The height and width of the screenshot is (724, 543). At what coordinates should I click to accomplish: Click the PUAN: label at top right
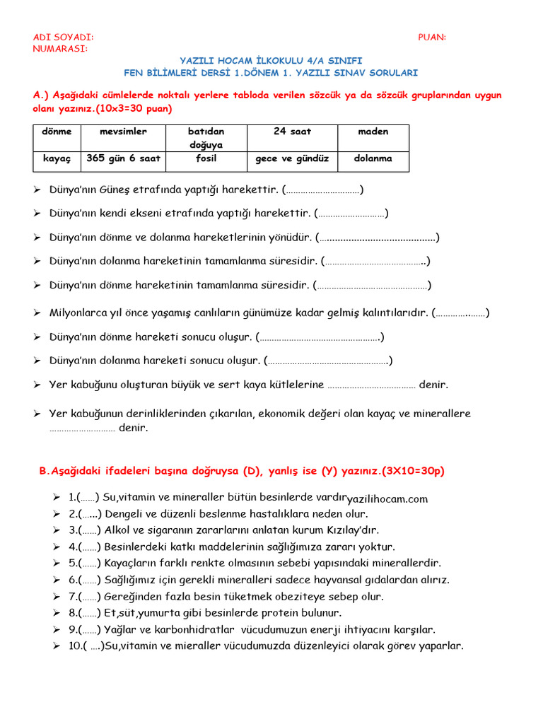pyautogui.click(x=432, y=37)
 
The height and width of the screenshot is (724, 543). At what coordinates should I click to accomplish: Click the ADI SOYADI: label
pyautogui.click(x=63, y=37)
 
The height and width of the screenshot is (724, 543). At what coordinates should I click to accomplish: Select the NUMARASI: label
pyautogui.click(x=61, y=48)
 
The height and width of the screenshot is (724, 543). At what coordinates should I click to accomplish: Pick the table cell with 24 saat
pyautogui.click(x=292, y=132)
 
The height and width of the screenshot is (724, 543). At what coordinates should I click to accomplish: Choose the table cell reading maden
pyautogui.click(x=373, y=132)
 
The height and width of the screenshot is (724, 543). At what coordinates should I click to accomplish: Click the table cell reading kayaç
pyautogui.click(x=57, y=158)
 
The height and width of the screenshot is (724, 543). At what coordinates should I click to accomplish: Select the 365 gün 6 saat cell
pyautogui.click(x=123, y=158)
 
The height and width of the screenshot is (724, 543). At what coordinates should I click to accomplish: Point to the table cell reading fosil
pyautogui.click(x=206, y=158)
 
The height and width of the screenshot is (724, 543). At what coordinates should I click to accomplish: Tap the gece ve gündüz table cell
pyautogui.click(x=292, y=158)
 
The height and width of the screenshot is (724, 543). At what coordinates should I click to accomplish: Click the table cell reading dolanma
pyautogui.click(x=373, y=158)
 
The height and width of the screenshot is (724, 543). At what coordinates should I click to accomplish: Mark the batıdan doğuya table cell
pyautogui.click(x=206, y=138)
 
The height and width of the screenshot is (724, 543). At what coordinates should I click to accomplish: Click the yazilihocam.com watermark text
pyautogui.click(x=387, y=499)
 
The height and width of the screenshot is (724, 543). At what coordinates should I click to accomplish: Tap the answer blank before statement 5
pyautogui.click(x=88, y=563)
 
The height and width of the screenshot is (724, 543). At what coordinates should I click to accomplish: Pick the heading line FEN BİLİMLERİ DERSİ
pyautogui.click(x=271, y=72)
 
